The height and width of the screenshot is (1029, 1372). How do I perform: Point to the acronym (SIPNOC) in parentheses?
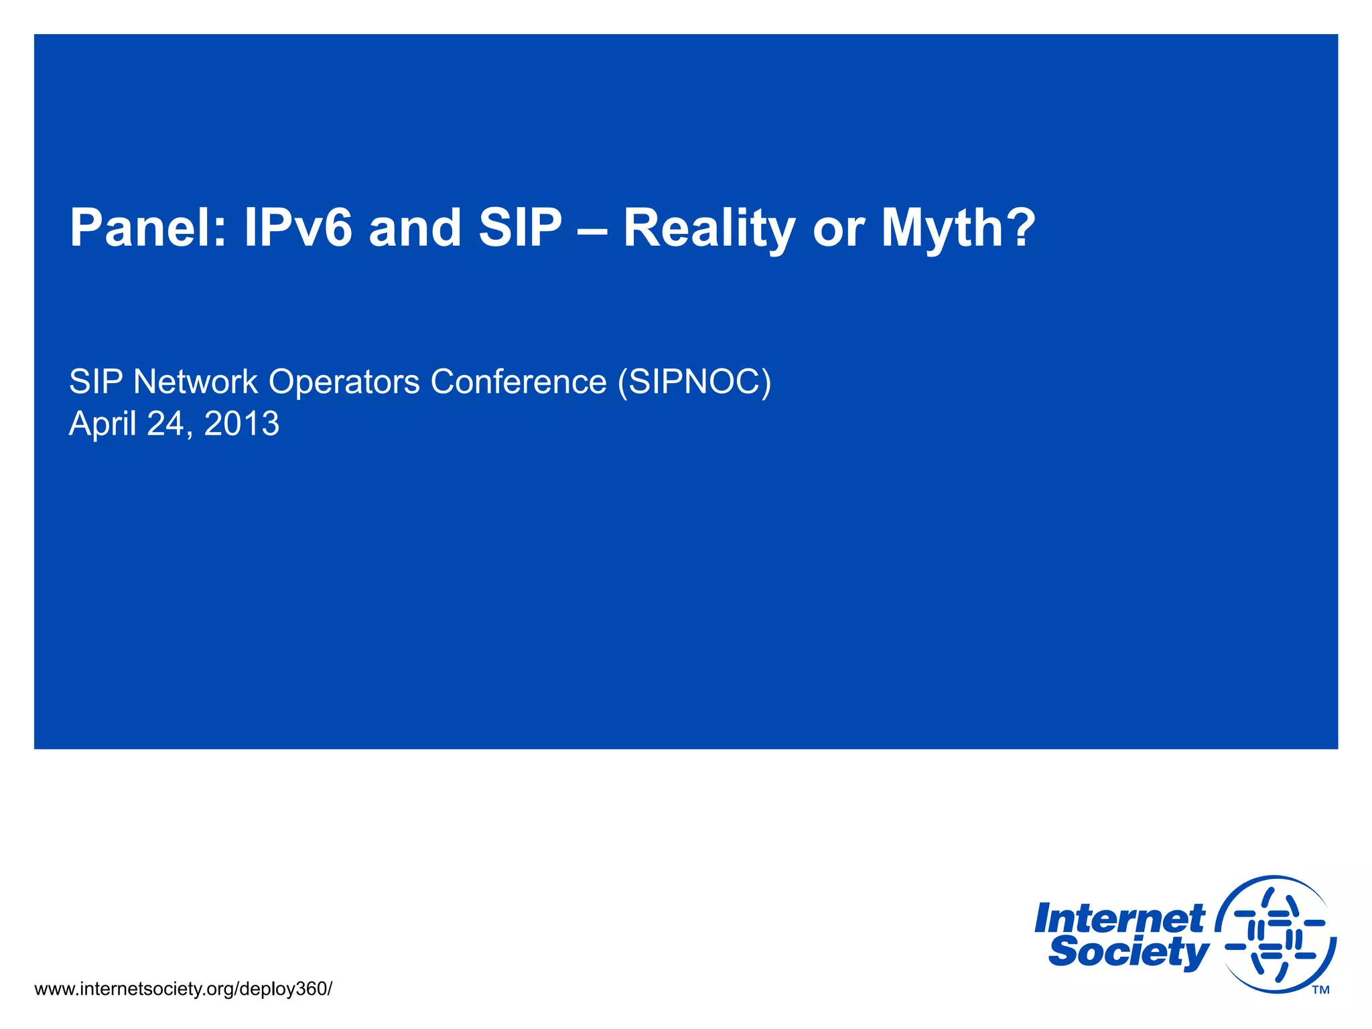click(695, 382)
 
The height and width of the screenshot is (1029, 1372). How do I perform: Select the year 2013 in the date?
click(241, 424)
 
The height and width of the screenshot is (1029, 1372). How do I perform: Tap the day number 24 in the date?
click(167, 424)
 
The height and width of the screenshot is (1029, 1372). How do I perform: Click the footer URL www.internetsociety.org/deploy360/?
click(183, 989)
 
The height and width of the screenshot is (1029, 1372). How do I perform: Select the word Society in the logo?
click(1128, 953)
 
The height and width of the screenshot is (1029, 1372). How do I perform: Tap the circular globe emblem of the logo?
click(1276, 934)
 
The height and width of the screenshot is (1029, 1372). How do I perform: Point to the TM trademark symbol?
click(1320, 990)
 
